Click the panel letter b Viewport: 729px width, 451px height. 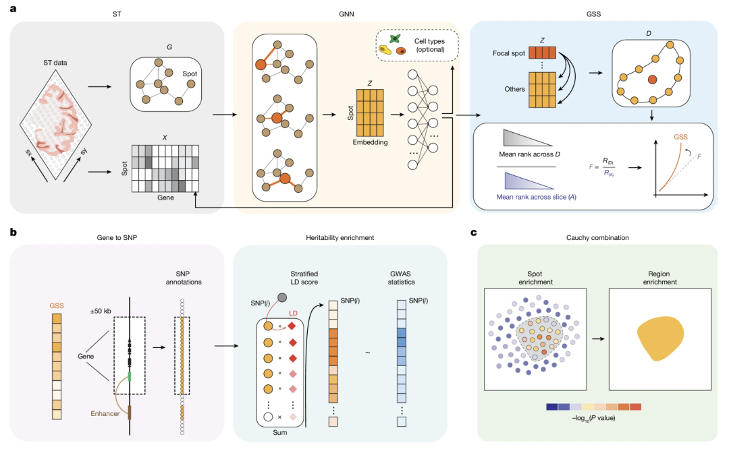[13, 231]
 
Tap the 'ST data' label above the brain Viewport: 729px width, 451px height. [55, 63]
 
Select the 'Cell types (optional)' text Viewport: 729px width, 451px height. [429, 45]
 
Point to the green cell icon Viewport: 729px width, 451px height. [395, 39]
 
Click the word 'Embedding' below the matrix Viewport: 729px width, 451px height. [370, 142]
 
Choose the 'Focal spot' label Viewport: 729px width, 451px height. [509, 53]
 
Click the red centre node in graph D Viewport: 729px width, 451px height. [652, 80]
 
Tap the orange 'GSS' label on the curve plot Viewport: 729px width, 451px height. [680, 137]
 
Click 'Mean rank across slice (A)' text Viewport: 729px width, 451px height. [536, 197]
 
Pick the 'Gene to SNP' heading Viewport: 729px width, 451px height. [117, 237]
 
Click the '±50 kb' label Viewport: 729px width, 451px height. [101, 311]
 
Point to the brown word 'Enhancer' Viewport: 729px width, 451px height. [105, 413]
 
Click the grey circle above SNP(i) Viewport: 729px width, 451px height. [281, 298]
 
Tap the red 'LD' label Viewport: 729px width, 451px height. [293, 313]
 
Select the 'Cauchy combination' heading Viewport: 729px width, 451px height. [597, 237]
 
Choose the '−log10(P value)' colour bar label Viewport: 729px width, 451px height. [593, 418]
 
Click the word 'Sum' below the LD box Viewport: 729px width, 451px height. [280, 432]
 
